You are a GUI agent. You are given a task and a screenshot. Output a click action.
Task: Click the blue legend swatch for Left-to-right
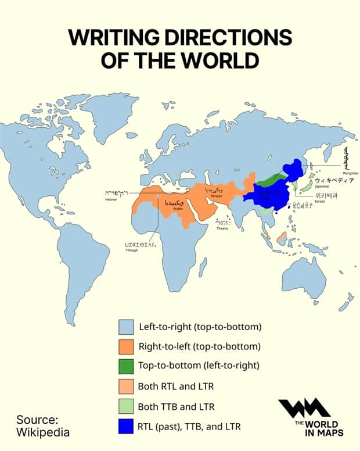[127, 327]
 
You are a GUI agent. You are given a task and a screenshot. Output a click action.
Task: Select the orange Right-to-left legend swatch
[127, 346]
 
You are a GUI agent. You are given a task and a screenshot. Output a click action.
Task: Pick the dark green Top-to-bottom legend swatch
[127, 366]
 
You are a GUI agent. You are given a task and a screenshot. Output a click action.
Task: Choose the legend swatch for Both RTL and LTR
[127, 386]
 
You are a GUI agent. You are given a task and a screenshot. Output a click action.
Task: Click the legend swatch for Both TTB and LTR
[127, 406]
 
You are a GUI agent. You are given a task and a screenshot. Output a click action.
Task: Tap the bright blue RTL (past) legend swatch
[127, 427]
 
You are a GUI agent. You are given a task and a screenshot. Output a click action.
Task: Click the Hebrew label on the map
[111, 199]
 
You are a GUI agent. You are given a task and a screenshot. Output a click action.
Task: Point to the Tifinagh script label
[140, 251]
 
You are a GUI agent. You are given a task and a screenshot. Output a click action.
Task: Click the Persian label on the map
[216, 196]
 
